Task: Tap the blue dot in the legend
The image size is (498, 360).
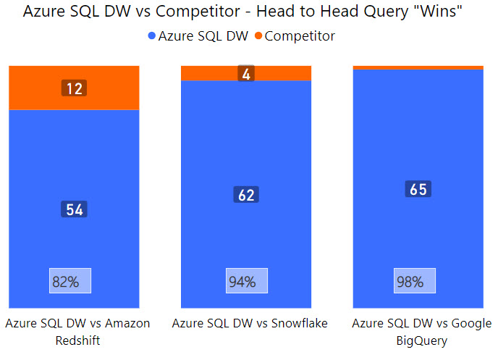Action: pyautogui.click(x=152, y=36)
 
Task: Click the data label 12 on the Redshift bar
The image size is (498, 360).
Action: pyautogui.click(x=74, y=88)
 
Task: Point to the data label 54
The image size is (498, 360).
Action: pyautogui.click(x=74, y=209)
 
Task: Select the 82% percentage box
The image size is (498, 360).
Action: pyautogui.click(x=69, y=281)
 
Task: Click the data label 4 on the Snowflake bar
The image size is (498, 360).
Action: pyautogui.click(x=245, y=73)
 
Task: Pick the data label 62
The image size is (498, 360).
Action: pyautogui.click(x=246, y=195)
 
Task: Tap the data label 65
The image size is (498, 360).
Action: pyautogui.click(x=418, y=189)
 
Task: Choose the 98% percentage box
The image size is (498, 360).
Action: pyautogui.click(x=415, y=281)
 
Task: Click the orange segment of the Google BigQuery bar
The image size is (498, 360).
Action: pyautogui.click(x=418, y=67)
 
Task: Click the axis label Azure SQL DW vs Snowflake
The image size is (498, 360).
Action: pyautogui.click(x=250, y=323)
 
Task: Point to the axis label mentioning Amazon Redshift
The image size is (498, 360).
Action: pyautogui.click(x=77, y=331)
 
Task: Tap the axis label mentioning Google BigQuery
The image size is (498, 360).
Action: pyautogui.click(x=421, y=331)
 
